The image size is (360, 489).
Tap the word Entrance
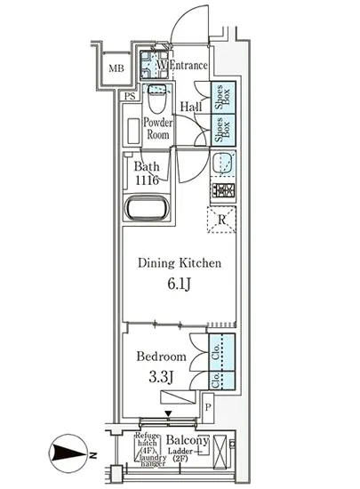coord(188,65)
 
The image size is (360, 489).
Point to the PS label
coord(131,96)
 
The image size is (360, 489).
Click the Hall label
coord(190,108)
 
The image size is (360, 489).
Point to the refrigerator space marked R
coord(222,219)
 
